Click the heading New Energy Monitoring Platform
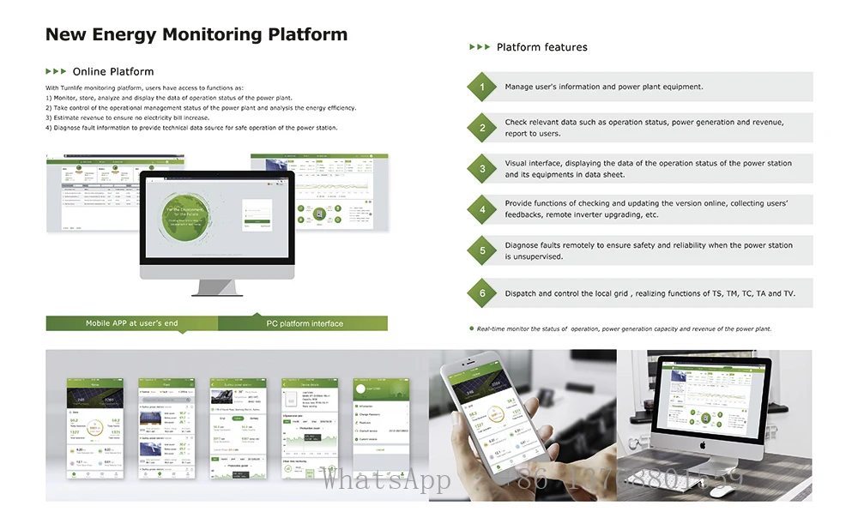click(x=196, y=35)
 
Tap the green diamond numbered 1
click(x=482, y=87)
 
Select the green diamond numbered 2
click(x=482, y=128)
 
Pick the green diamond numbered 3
click(x=482, y=169)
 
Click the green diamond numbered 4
click(x=482, y=209)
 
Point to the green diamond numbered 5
click(x=482, y=250)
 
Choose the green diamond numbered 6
click(x=482, y=293)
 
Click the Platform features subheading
click(x=541, y=47)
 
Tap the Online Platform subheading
click(x=113, y=71)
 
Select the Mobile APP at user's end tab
click(x=131, y=323)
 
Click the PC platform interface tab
click(x=304, y=323)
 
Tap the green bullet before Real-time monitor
click(x=471, y=328)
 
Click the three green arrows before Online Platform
click(x=56, y=71)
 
